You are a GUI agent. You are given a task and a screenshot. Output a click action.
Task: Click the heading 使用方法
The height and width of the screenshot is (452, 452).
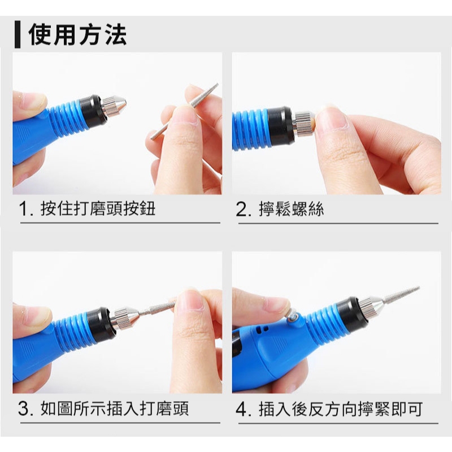(x=77, y=34)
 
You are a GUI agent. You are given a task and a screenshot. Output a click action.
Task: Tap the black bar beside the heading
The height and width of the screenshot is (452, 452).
(x=18, y=34)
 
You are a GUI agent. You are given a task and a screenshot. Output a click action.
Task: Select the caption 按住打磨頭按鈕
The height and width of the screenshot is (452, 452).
(x=98, y=208)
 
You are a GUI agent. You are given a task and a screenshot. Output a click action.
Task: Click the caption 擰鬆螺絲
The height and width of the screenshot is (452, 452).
(x=291, y=209)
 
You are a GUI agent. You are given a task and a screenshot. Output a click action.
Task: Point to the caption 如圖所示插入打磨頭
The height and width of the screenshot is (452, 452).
(x=115, y=408)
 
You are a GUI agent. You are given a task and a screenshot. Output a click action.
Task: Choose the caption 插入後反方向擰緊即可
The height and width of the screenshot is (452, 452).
(x=341, y=409)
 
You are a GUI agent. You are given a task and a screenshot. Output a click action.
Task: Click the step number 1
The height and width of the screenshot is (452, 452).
(x=24, y=209)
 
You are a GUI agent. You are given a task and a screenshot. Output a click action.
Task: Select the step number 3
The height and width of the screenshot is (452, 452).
(x=24, y=409)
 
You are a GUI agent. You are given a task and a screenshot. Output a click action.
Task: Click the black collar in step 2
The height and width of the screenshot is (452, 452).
(x=280, y=125)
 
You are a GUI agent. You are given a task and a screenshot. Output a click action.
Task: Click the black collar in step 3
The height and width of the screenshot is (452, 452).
(x=100, y=323)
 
